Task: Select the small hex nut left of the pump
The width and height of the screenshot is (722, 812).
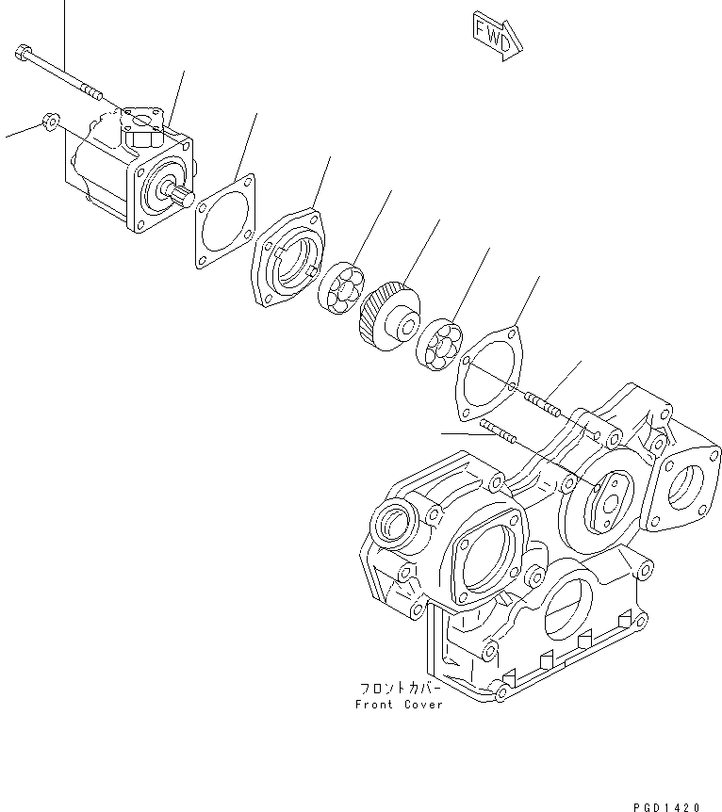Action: tap(53, 122)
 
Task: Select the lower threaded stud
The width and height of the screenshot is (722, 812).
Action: tap(497, 433)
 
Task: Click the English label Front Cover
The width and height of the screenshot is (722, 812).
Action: tap(399, 704)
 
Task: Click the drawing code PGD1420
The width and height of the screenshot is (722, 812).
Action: tap(666, 806)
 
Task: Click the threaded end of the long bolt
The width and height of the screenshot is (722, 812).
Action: tap(89, 91)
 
